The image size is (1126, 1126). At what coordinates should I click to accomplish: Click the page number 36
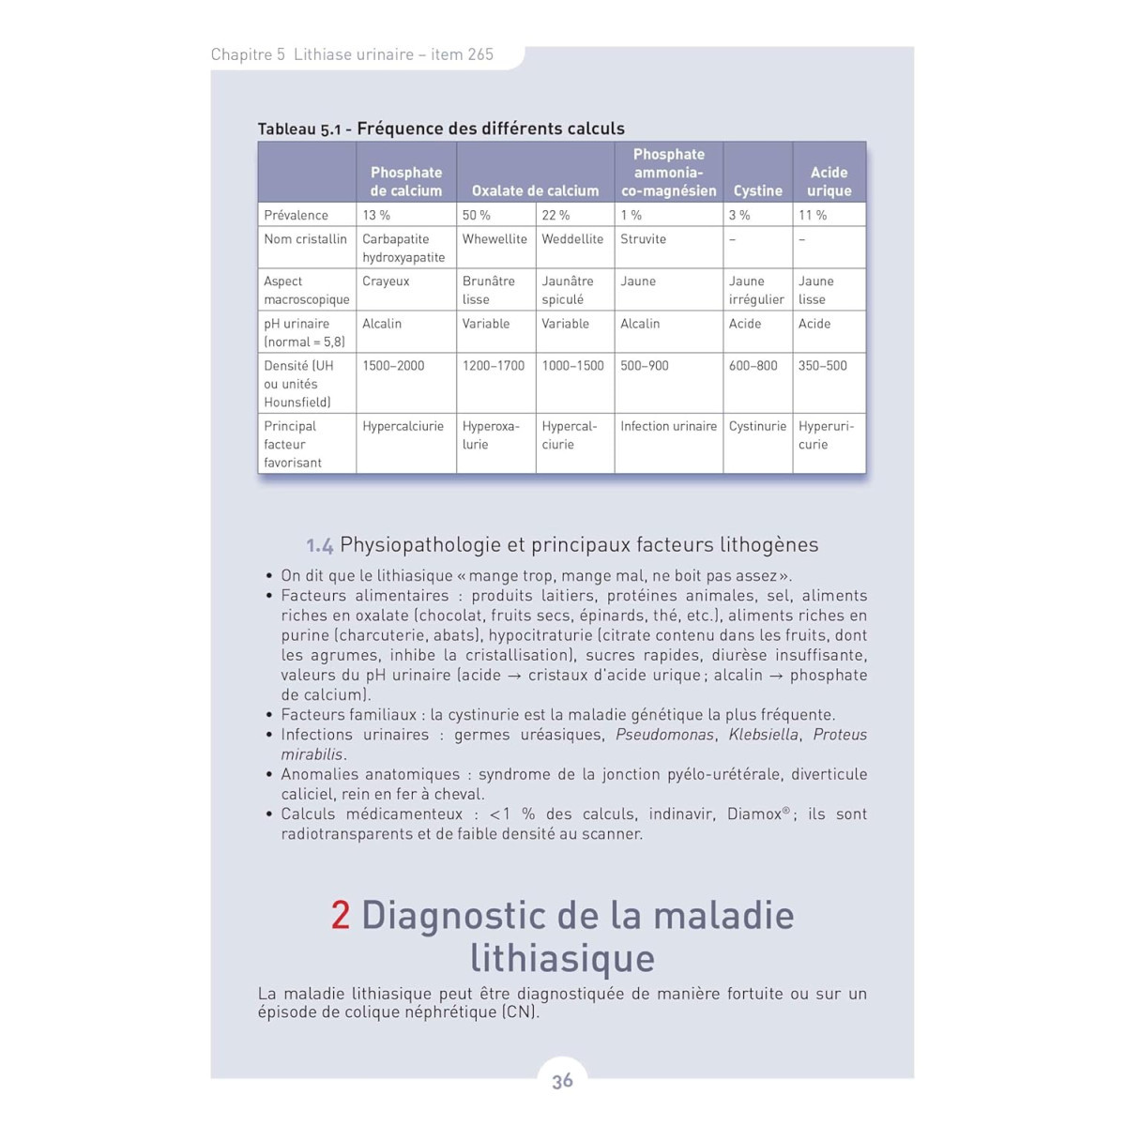point(562,1081)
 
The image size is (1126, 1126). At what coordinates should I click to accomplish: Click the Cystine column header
point(757,190)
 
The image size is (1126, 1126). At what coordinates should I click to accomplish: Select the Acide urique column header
point(829,181)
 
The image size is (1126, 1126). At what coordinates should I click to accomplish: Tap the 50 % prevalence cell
point(476,215)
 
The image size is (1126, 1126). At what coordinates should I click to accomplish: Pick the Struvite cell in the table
point(643,239)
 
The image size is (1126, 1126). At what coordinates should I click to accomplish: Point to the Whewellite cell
point(495,239)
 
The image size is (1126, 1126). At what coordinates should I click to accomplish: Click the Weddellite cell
point(572,239)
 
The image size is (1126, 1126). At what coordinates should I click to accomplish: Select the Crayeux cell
point(386,281)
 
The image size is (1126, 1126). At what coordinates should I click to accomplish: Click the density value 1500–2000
point(393,366)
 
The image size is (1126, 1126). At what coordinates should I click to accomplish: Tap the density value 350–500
point(822,366)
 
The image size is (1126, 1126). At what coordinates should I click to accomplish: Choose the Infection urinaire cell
point(668,426)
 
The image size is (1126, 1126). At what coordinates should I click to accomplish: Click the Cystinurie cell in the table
point(757,426)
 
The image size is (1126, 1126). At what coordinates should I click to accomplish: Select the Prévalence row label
point(296,215)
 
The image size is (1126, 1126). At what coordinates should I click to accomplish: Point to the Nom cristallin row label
point(305,239)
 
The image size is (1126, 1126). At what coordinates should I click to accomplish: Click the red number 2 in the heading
point(341,915)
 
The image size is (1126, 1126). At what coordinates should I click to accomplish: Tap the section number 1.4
point(319,545)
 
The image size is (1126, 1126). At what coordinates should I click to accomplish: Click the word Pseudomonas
point(664,735)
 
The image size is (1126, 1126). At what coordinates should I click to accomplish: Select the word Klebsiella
point(764,735)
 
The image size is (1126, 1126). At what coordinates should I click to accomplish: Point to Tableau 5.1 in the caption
point(299,129)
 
